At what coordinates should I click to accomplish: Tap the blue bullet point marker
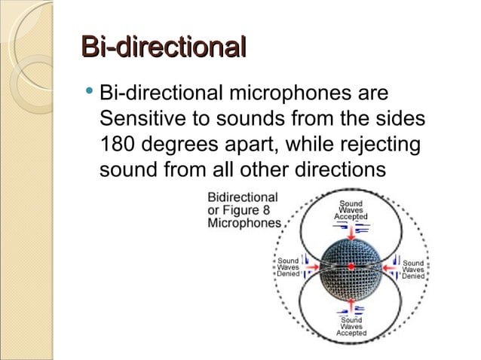pyautogui.click(x=90, y=92)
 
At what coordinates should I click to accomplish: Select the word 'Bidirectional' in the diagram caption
pyautogui.click(x=243, y=197)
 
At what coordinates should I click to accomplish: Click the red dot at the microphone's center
pyautogui.click(x=351, y=267)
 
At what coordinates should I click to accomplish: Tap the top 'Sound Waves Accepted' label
pyautogui.click(x=351, y=209)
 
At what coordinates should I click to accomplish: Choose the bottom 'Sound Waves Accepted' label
pyautogui.click(x=351, y=326)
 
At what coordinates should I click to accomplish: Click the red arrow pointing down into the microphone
pyautogui.click(x=351, y=233)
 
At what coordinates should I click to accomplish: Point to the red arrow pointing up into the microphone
pyautogui.click(x=351, y=301)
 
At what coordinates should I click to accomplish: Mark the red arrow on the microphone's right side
pyautogui.click(x=386, y=267)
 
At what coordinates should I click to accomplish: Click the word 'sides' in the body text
pyautogui.click(x=397, y=119)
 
